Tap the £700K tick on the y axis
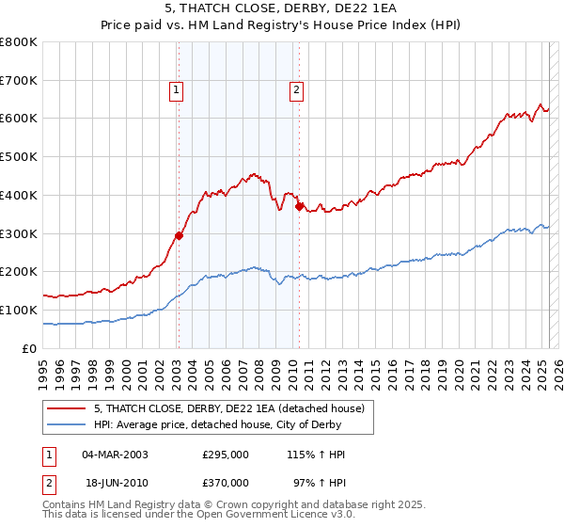click(19, 80)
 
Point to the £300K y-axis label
click(19, 233)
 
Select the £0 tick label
click(29, 348)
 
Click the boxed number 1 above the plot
click(176, 90)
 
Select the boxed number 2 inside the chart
click(296, 90)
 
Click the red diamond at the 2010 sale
click(300, 206)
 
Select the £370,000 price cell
click(226, 483)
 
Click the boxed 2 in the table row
click(47, 484)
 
